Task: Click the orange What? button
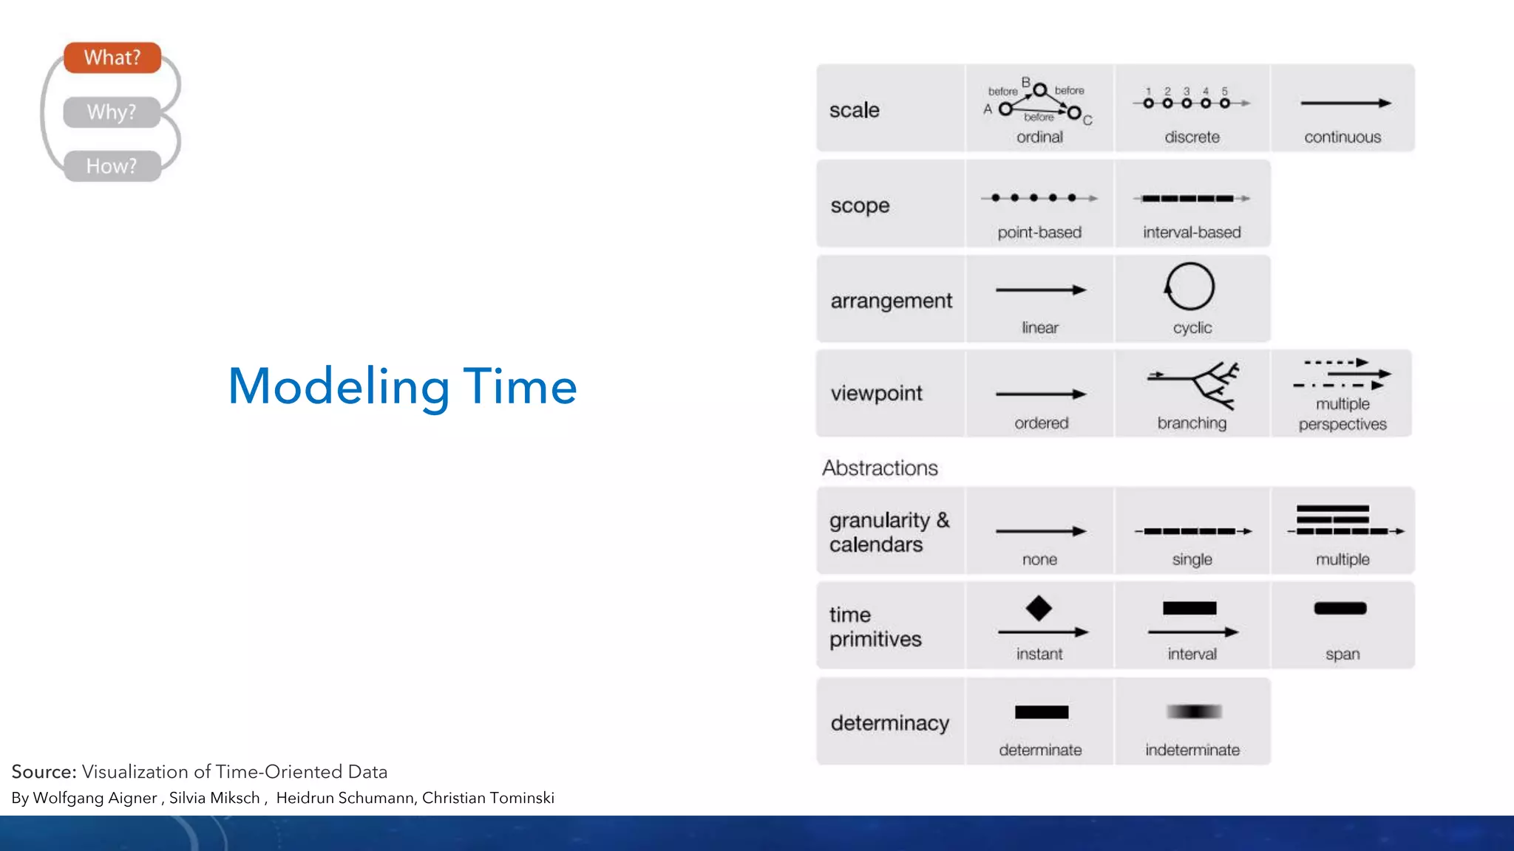(x=112, y=58)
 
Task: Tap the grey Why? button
(x=112, y=112)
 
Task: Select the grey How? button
(x=112, y=166)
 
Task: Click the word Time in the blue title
(x=520, y=386)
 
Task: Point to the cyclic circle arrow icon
(x=1189, y=287)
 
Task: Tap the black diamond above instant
(x=1039, y=608)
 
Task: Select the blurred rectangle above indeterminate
(x=1193, y=711)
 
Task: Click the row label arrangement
(x=891, y=301)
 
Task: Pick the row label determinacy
(x=889, y=722)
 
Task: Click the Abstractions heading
(x=880, y=468)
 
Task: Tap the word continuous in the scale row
(x=1342, y=137)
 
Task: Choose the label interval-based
(x=1192, y=233)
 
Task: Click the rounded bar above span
(x=1340, y=609)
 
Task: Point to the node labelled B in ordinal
(x=1040, y=90)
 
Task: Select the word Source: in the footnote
(x=44, y=772)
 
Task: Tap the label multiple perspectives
(x=1342, y=414)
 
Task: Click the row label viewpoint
(x=876, y=393)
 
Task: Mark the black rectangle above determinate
(x=1041, y=712)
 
